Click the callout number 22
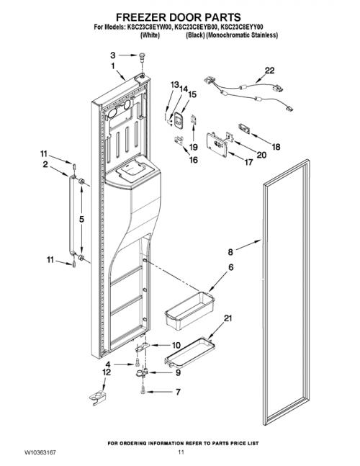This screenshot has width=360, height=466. pos(270,71)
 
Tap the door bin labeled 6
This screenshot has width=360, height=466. pos(189,310)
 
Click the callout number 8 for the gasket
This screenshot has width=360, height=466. pos(230,252)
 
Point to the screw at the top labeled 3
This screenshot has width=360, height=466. pos(142,57)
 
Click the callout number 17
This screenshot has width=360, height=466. pos(248,162)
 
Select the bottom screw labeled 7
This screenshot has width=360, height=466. pos(143,389)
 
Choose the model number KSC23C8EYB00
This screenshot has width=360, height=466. pos(196,27)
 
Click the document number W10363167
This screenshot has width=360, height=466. pos(40,452)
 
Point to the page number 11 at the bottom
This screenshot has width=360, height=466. pos(181,452)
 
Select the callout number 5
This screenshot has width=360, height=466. pos(81,220)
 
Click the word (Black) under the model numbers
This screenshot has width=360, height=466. pos(195,35)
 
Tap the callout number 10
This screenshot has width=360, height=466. pos(176,345)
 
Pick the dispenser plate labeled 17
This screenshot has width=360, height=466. pos(217,145)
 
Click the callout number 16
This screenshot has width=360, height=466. pos(194,160)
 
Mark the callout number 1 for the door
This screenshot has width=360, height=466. pos(113,66)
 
